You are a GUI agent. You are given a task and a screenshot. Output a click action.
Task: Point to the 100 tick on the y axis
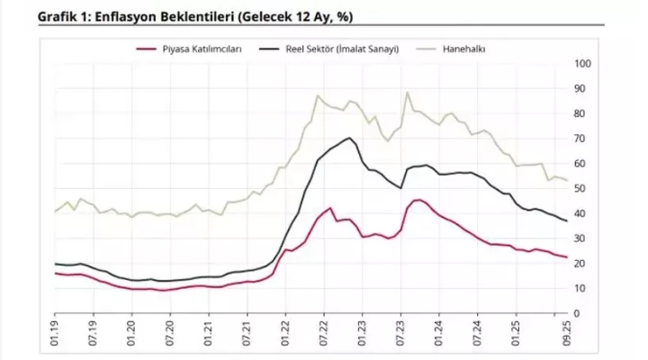(581, 64)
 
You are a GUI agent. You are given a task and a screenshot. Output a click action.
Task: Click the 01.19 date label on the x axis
(55, 333)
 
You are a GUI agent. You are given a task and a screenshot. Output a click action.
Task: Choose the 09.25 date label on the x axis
(566, 333)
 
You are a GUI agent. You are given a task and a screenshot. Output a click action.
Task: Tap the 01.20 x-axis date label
(132, 333)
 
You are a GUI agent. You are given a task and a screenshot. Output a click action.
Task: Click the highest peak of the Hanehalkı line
(408, 92)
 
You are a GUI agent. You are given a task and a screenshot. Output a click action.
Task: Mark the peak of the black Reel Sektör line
(348, 138)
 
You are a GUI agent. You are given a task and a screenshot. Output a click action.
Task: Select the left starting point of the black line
(55, 264)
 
